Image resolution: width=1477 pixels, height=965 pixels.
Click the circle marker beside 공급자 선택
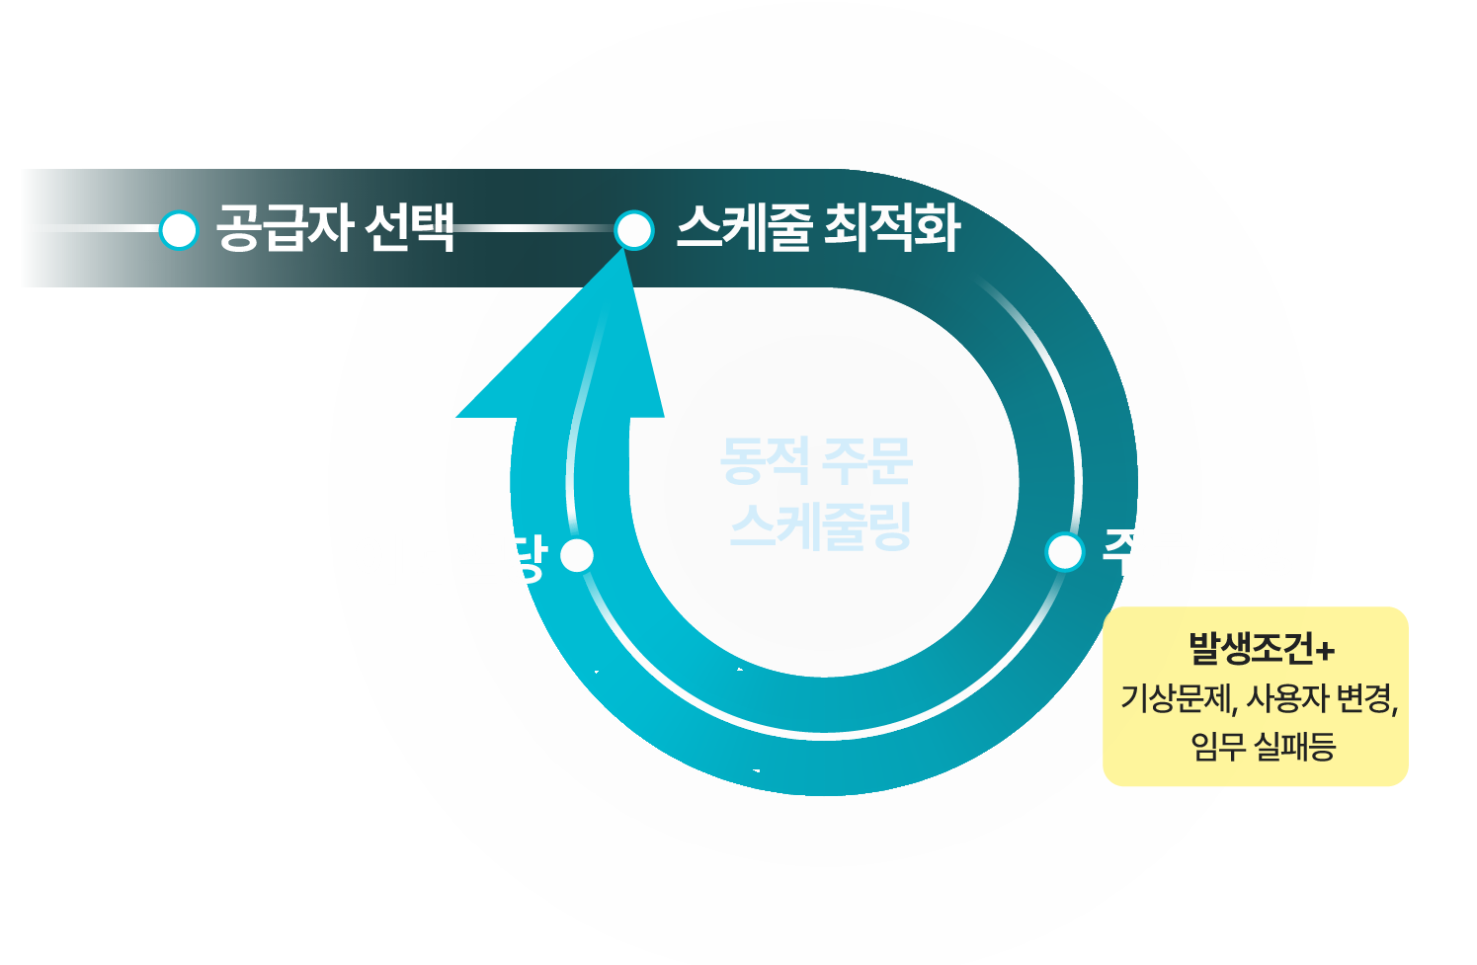coord(179,230)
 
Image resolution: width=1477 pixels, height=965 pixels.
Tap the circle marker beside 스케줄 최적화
coord(633,230)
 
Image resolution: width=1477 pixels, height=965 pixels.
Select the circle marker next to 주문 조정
coord(1064,552)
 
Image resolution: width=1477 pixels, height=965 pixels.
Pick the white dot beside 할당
coord(577,555)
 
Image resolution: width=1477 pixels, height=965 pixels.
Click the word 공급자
coord(285,228)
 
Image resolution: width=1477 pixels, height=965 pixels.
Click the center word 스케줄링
coord(820,525)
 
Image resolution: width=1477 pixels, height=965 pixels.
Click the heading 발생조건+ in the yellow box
coord(1262,649)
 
